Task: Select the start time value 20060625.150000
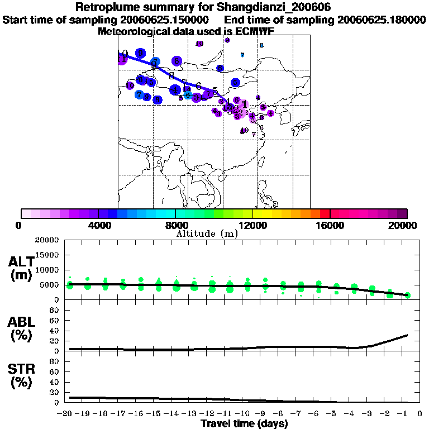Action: [165, 20]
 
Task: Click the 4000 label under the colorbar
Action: [98, 225]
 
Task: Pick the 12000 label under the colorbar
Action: [253, 225]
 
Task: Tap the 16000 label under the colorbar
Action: [330, 225]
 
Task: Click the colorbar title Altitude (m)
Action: [207, 233]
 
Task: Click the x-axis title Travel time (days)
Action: [244, 424]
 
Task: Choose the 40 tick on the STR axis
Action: [55, 382]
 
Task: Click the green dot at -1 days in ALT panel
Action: [408, 295]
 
